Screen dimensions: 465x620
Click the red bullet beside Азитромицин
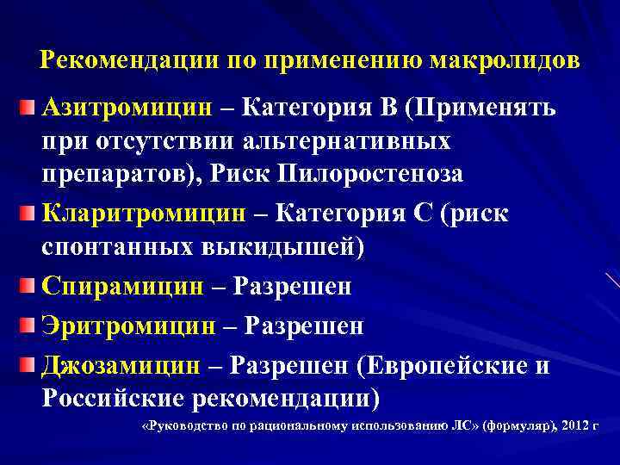tap(29, 108)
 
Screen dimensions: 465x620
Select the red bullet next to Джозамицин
tap(29, 365)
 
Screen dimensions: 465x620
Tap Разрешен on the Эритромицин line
tap(306, 325)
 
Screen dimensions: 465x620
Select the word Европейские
tap(443, 365)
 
